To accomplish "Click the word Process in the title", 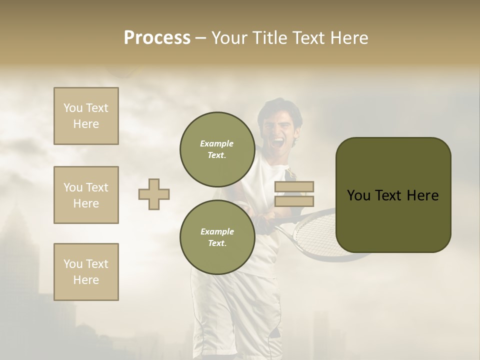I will point(157,37).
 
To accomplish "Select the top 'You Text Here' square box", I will point(86,116).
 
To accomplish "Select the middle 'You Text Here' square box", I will point(86,195).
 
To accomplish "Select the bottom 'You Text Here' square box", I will point(86,272).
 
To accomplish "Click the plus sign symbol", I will point(154,194).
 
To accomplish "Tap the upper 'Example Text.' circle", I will point(217,149).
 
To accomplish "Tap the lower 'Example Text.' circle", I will point(217,237).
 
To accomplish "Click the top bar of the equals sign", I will point(294,186).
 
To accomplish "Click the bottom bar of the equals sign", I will point(294,201).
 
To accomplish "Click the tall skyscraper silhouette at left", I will point(20,260).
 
